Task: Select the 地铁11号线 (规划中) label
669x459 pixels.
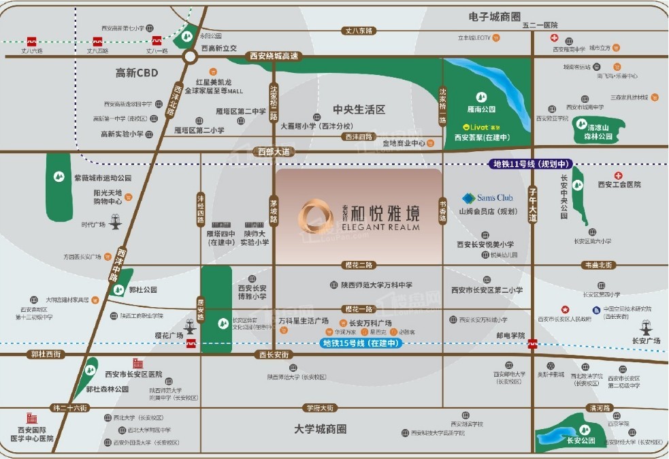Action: tap(532, 164)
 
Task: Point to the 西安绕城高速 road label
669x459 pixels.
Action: tap(274, 57)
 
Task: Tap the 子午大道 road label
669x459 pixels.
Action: tap(533, 206)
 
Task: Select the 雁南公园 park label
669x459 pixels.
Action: tap(482, 108)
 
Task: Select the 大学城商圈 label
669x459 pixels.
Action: tap(320, 429)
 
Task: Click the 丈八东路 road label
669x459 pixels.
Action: tap(359, 31)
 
